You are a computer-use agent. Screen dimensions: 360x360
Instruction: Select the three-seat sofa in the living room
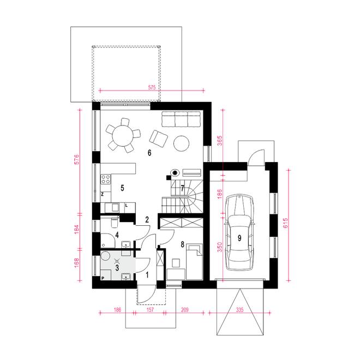pyautogui.click(x=180, y=119)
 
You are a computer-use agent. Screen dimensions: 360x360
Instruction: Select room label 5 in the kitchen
pyautogui.click(x=123, y=188)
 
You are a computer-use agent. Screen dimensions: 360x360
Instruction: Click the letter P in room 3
pyautogui.click(x=102, y=278)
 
